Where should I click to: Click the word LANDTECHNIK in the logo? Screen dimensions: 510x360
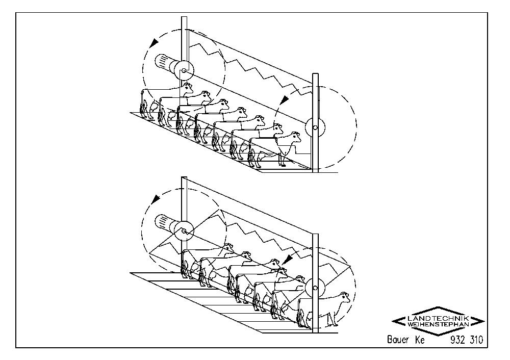tap(438, 318)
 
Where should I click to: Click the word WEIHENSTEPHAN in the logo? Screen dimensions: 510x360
tap(438, 324)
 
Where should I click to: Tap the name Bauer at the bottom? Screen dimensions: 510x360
tap(398, 340)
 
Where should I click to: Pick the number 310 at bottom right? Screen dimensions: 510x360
tap(476, 340)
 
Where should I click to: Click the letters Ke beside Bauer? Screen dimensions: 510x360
tap(420, 340)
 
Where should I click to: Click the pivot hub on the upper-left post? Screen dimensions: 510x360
tap(184, 70)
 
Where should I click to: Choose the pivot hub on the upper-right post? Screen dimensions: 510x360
tap(315, 127)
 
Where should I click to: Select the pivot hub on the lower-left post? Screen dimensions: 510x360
tap(184, 231)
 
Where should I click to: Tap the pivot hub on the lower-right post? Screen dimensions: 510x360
tap(315, 288)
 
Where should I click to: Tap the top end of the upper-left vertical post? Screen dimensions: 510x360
tap(184, 17)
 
